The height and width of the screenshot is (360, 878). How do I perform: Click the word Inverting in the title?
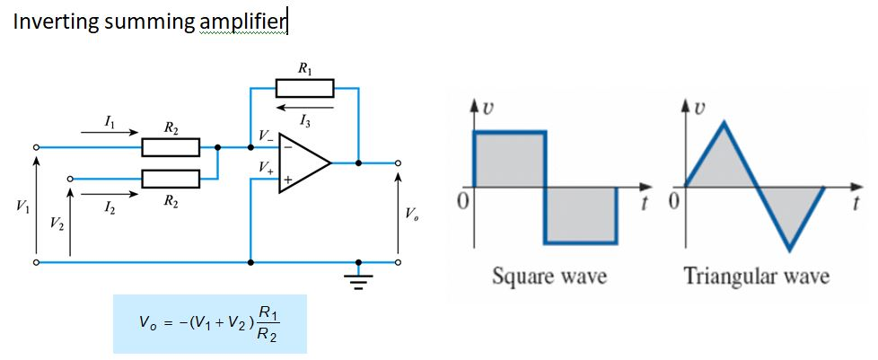tap(55, 22)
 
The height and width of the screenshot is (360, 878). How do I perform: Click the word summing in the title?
tap(147, 22)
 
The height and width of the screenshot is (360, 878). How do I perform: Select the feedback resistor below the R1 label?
tap(304, 88)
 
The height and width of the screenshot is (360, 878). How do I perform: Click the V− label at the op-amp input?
tap(267, 136)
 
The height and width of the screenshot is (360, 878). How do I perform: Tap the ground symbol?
tap(359, 279)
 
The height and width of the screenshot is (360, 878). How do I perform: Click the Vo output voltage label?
tap(410, 215)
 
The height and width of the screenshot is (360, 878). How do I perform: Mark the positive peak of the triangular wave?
tap(722, 124)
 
